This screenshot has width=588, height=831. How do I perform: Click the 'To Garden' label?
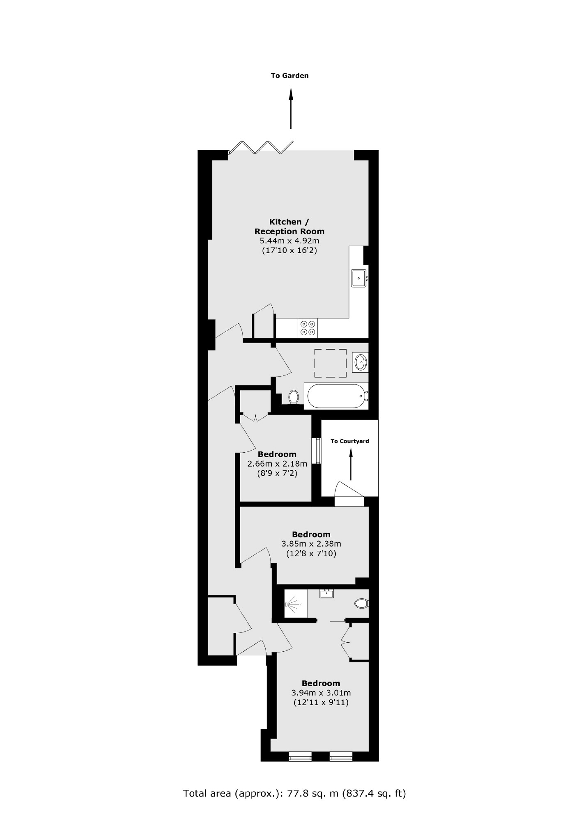[289, 76]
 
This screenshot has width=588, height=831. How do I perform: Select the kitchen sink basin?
[358, 279]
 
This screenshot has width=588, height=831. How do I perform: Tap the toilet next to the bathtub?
[293, 396]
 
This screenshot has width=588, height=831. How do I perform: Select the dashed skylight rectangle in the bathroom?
[330, 363]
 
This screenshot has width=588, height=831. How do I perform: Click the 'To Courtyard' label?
[350, 441]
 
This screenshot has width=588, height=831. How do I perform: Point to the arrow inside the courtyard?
[351, 464]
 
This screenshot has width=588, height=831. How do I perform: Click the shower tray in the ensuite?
[296, 603]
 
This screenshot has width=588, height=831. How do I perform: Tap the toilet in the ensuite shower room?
[361, 603]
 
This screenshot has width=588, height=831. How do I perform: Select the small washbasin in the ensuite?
[327, 593]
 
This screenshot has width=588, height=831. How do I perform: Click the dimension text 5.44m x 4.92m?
[289, 241]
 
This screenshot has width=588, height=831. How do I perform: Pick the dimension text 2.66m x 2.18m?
[277, 464]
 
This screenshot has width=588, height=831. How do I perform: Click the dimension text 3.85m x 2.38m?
[311, 544]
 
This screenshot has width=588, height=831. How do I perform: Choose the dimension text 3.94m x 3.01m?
[321, 693]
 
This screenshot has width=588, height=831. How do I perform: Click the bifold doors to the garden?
[261, 147]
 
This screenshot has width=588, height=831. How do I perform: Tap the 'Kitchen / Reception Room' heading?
[289, 227]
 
